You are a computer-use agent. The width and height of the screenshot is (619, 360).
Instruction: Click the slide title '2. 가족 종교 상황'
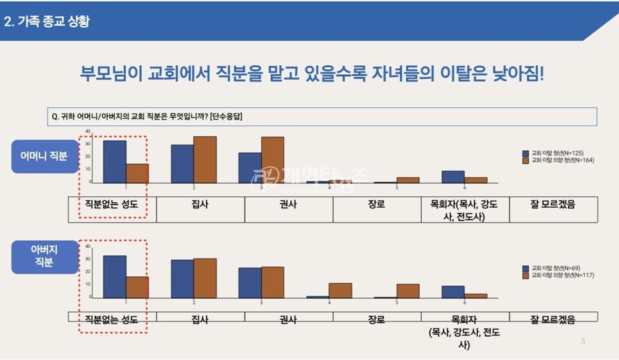click(46, 21)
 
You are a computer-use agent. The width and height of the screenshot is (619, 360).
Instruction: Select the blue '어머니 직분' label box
click(44, 155)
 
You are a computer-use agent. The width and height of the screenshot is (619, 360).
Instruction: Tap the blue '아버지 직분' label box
click(44, 256)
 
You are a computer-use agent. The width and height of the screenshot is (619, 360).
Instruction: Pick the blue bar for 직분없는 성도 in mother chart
click(114, 162)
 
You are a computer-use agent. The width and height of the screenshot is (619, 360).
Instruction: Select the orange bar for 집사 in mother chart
click(205, 160)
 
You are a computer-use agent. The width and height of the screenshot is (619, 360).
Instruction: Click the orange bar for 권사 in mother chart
click(273, 160)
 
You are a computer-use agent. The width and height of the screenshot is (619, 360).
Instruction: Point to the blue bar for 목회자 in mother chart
click(453, 177)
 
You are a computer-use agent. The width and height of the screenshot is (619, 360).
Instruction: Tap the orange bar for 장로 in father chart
click(340, 290)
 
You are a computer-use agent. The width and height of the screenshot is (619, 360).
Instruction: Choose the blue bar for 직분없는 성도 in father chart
click(114, 277)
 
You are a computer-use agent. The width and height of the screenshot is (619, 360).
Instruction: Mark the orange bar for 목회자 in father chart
click(476, 295)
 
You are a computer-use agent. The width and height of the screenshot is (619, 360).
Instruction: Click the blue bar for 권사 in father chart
click(250, 283)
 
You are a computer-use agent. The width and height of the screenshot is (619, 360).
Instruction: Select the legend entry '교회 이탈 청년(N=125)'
click(557, 153)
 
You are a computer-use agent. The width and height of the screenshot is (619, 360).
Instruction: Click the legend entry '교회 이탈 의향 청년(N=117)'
click(560, 275)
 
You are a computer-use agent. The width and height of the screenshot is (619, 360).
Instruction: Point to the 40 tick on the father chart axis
click(88, 246)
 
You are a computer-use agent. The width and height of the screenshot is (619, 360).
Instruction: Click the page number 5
click(584, 341)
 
